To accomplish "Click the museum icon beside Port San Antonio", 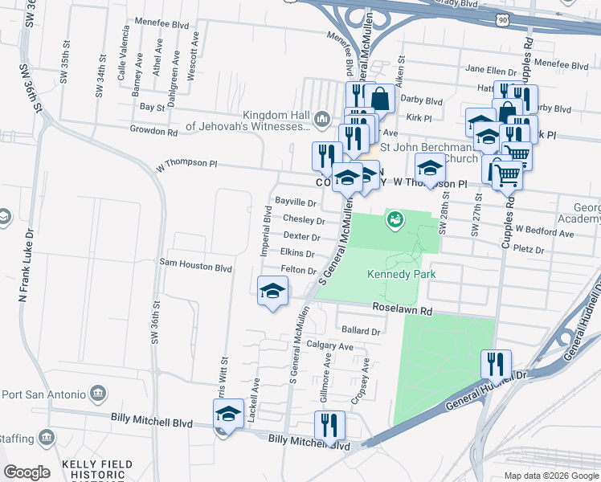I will tap(98, 394).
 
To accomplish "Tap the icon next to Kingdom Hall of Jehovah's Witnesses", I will tap(322, 119).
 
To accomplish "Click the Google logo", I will tap(27, 472).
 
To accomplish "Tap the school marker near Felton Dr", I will tap(272, 290).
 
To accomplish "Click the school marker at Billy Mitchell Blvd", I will tap(228, 415).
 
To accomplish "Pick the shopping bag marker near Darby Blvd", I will tap(380, 99).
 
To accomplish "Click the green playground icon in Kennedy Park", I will tap(395, 219).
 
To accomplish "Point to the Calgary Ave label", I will tap(329, 346).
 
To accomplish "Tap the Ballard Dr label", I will tap(360, 330).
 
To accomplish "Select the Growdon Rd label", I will tap(153, 131).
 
